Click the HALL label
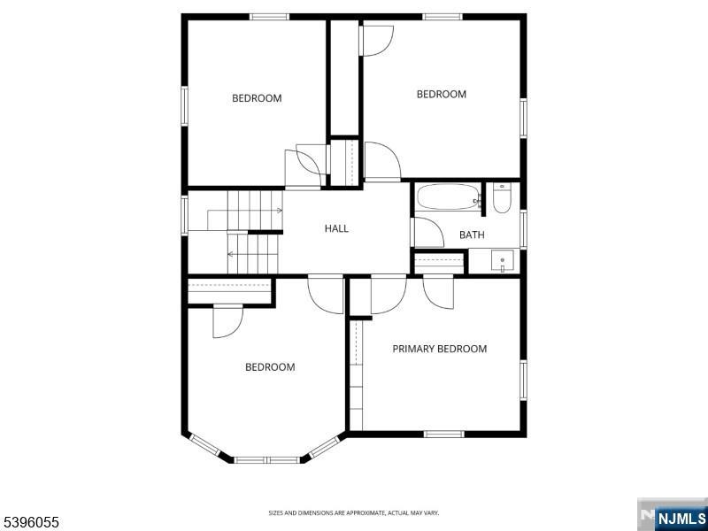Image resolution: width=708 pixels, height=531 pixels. (x=336, y=228)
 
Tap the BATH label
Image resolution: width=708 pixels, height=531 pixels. (x=472, y=235)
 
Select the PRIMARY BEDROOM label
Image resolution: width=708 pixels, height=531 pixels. (x=440, y=349)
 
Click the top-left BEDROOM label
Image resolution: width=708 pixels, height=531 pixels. (x=257, y=98)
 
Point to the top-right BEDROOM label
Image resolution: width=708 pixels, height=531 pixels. (x=442, y=95)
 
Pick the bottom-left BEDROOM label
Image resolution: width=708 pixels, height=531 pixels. (x=270, y=367)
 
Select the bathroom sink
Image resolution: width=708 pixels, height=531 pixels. (x=503, y=261)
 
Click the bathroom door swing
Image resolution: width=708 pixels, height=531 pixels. (x=429, y=232)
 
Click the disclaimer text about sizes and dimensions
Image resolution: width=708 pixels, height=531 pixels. (x=354, y=512)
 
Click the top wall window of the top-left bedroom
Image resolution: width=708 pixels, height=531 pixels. (x=269, y=16)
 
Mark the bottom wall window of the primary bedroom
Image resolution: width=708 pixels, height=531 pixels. (x=444, y=434)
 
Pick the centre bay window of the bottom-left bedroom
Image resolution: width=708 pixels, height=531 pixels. (x=266, y=460)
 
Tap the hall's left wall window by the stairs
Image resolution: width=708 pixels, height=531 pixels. (x=184, y=213)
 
